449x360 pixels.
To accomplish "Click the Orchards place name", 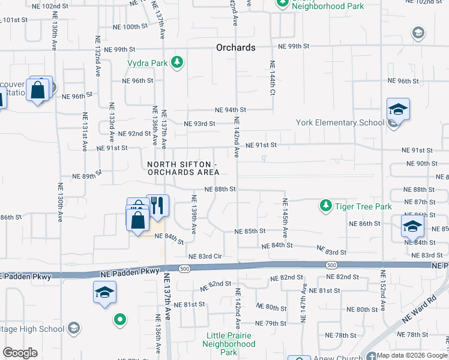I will pyautogui.click(x=236, y=47).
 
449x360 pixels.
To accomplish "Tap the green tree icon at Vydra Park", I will pyautogui.click(x=177, y=62).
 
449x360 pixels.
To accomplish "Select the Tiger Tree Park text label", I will pyautogui.click(x=363, y=206).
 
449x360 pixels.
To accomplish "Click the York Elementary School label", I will pyautogui.click(x=340, y=123).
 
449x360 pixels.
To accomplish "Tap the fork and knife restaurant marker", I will pyautogui.click(x=158, y=205).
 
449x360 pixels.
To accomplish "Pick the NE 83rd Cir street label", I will pyautogui.click(x=205, y=256).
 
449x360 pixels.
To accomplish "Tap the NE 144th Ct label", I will pyautogui.click(x=272, y=78).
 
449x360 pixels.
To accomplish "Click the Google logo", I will pyautogui.click(x=20, y=353).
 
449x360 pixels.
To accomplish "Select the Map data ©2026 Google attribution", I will pyautogui.click(x=411, y=355).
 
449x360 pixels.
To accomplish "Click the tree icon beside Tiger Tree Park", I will pyautogui.click(x=325, y=206).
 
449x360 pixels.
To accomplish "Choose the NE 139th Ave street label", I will pyautogui.click(x=193, y=214).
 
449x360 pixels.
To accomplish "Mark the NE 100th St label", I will pyautogui.click(x=130, y=27).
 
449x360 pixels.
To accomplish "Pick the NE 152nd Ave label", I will pyautogui.click(x=381, y=290).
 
